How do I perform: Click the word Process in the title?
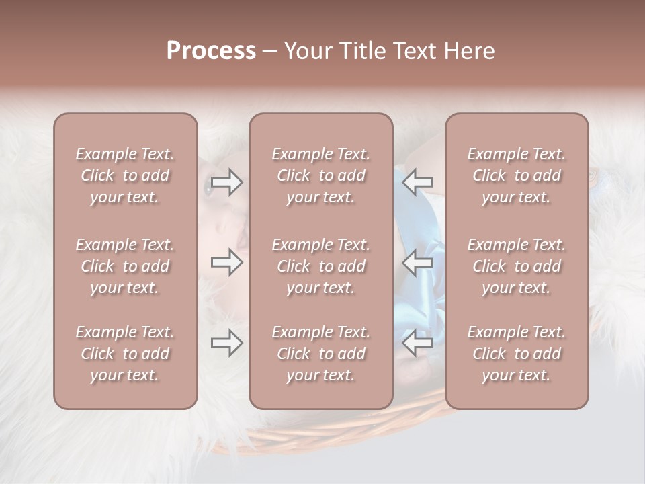coord(211,51)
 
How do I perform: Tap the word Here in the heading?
coord(470,51)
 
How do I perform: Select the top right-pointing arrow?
coord(227,182)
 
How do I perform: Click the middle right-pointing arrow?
coord(227,262)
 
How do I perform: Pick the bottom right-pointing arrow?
coord(227,344)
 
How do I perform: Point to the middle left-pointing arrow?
coord(418,262)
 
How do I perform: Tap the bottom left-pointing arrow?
coord(418,344)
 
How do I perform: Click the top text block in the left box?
coord(125,175)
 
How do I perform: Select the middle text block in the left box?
coord(125,266)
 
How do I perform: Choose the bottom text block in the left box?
coord(125,354)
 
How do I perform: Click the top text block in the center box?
coord(320,175)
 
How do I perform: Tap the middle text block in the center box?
coord(320,266)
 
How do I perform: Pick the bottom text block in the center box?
coord(320,354)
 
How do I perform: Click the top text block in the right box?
coord(516,175)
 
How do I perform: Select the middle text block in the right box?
coord(516,266)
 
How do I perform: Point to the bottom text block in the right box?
coord(516,354)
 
